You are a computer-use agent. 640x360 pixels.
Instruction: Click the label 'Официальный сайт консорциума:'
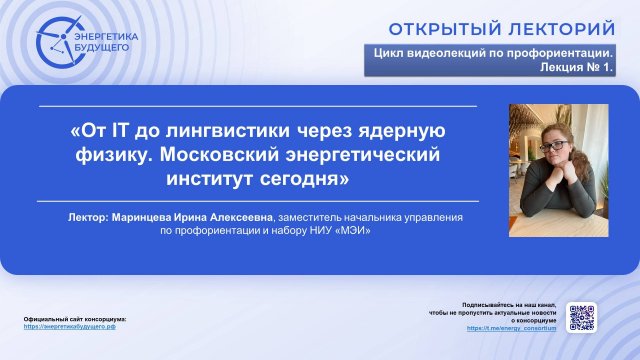coord(76,318)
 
